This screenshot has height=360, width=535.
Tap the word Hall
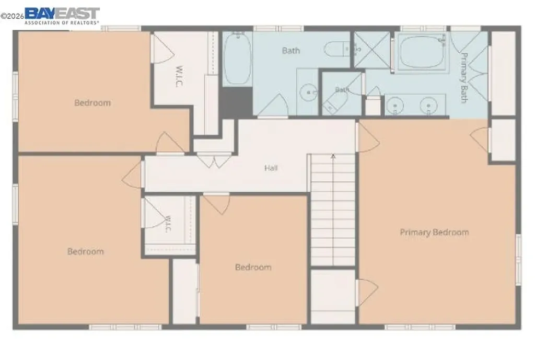(271, 168)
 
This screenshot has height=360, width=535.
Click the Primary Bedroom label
(434, 233)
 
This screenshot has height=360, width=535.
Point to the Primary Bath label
(463, 77)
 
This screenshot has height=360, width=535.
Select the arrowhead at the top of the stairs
(333, 157)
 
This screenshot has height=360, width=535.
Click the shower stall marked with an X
(372, 50)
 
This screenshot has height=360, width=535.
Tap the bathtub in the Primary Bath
(422, 52)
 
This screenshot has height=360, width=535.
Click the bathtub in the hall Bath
(237, 59)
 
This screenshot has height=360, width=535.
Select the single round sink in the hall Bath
(308, 92)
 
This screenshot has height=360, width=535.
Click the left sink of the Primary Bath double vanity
(395, 106)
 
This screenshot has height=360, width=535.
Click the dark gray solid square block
(236, 103)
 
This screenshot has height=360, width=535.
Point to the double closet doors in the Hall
(214, 161)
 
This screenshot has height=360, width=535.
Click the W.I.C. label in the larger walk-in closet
(179, 76)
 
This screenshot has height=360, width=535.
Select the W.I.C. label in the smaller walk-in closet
(168, 224)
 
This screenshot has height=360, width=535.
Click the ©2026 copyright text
(13, 16)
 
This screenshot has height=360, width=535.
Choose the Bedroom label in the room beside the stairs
(253, 267)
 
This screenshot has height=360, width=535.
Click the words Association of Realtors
(62, 23)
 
